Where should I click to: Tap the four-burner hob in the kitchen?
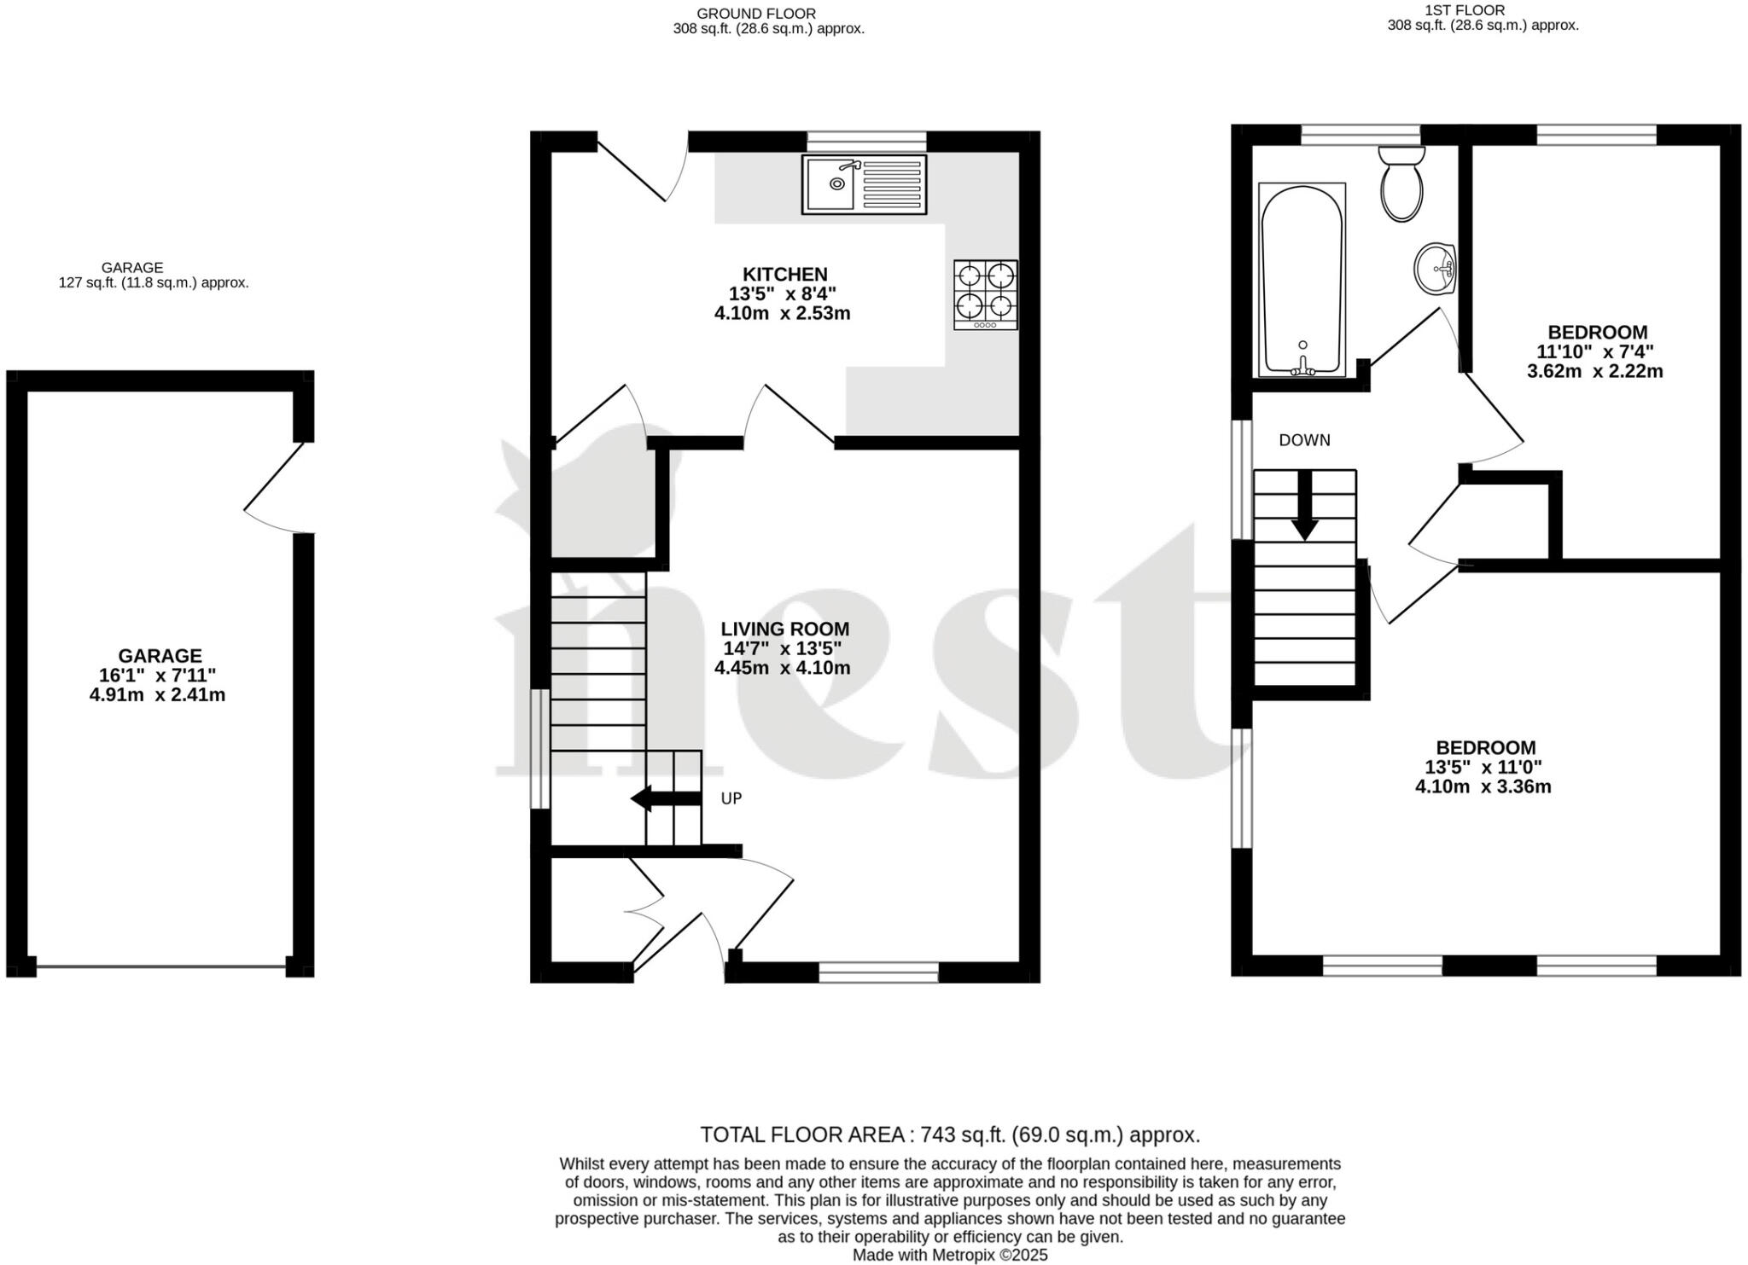point(986,294)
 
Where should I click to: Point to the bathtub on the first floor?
point(1302,280)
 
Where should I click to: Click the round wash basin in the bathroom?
point(1436,268)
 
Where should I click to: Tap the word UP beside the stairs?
point(731,798)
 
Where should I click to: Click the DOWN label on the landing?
point(1304,440)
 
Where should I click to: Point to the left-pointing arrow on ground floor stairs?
point(664,798)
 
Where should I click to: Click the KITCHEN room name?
point(784,274)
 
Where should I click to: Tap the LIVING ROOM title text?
point(784,629)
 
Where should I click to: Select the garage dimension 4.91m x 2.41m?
point(158,694)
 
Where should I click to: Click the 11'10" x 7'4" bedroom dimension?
point(1594,351)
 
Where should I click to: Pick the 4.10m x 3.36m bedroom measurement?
point(1483,786)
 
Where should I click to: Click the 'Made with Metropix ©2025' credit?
point(949,1255)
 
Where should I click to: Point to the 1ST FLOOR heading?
point(1483,10)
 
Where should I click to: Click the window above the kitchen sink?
point(866,141)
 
